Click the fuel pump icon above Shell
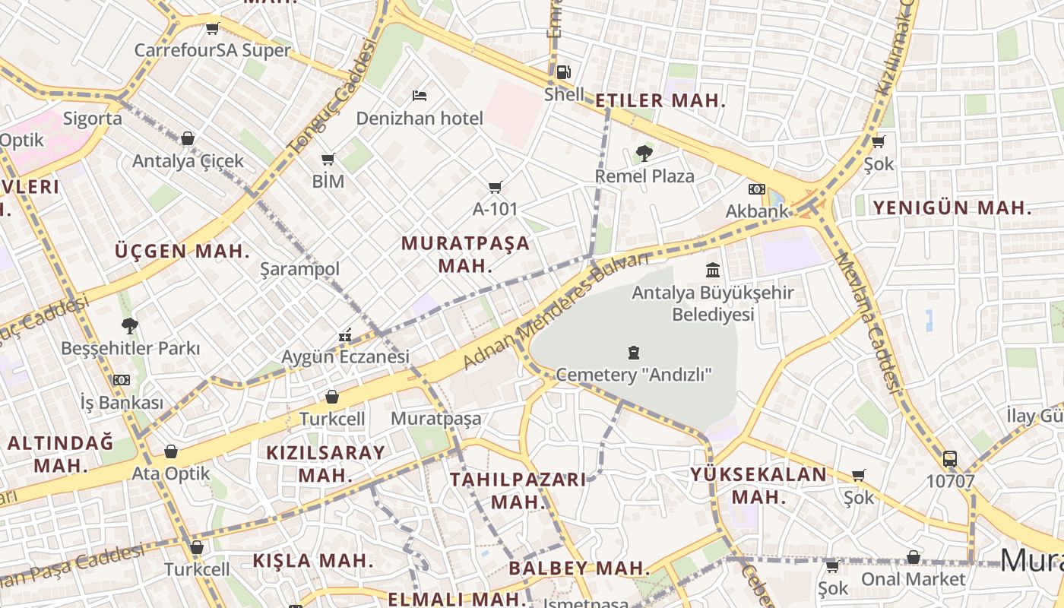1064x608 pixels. [x=563, y=72]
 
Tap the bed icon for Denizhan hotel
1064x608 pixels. [x=419, y=96]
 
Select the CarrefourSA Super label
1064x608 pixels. [x=213, y=50]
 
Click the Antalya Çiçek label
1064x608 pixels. [x=188, y=161]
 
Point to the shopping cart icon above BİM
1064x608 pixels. [x=328, y=159]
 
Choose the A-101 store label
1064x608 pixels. [x=496, y=208]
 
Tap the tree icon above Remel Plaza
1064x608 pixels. [x=644, y=154]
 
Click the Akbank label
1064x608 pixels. [x=757, y=211]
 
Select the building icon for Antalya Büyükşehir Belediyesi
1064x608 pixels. [x=713, y=270]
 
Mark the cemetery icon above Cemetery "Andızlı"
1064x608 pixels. [x=634, y=353]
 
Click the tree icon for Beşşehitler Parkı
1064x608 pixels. [x=130, y=326]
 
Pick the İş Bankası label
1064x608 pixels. [x=122, y=401]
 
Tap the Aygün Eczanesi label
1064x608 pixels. [x=345, y=356]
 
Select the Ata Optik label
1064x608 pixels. [x=171, y=473]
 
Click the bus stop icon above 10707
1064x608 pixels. [x=950, y=459]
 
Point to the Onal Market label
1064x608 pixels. [x=913, y=579]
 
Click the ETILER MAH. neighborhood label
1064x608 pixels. [x=660, y=101]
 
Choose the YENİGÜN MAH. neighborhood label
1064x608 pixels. [x=952, y=207]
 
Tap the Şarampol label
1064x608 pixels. [x=299, y=269]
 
